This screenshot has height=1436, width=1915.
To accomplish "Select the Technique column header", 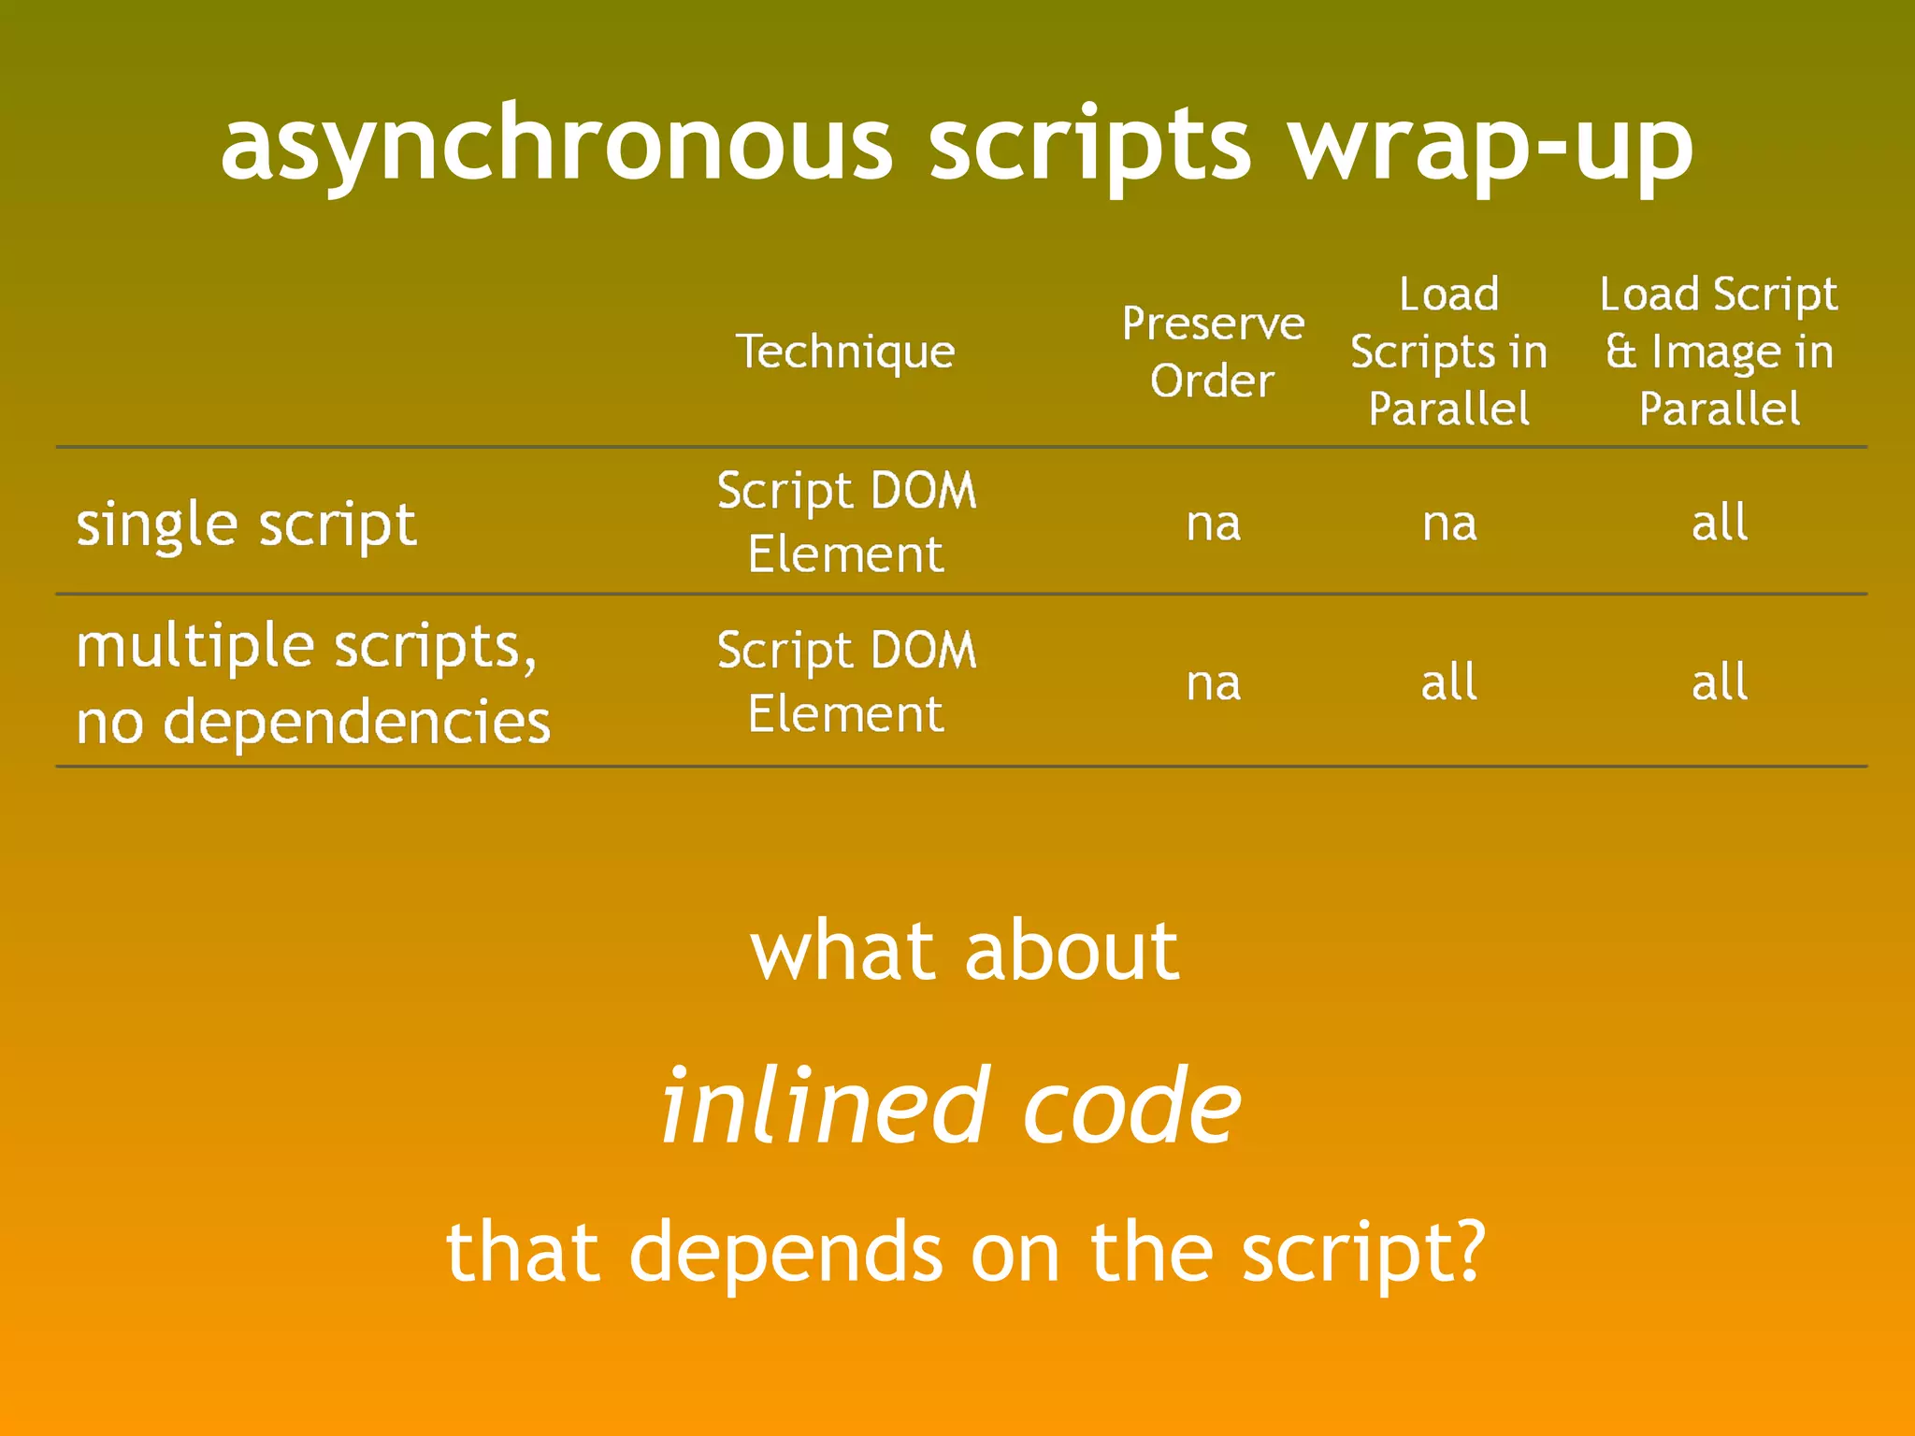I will (x=845, y=352).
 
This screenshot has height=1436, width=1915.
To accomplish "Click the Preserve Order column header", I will (x=1213, y=352).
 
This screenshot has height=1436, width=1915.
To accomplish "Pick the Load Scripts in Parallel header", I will (x=1448, y=352).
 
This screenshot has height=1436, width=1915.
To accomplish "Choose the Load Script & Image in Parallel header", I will (x=1719, y=352).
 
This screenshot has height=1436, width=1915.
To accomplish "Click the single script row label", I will (x=246, y=524).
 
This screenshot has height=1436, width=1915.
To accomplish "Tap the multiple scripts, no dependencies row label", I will (x=312, y=683).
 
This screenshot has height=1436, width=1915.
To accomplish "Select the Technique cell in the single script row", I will (x=846, y=522).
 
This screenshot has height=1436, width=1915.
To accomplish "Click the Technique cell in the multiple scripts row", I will (x=846, y=682).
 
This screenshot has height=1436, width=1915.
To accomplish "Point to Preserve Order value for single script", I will (x=1213, y=524).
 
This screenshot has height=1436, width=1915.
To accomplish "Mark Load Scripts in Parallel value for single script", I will (x=1448, y=524).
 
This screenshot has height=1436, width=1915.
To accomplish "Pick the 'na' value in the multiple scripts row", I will (x=1213, y=683).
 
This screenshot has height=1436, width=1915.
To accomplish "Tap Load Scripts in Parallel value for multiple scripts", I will (x=1448, y=682).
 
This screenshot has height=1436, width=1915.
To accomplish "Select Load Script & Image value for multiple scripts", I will (x=1719, y=682).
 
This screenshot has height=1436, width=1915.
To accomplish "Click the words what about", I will (x=964, y=951).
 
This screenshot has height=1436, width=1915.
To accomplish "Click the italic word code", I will (x=1130, y=1108).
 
